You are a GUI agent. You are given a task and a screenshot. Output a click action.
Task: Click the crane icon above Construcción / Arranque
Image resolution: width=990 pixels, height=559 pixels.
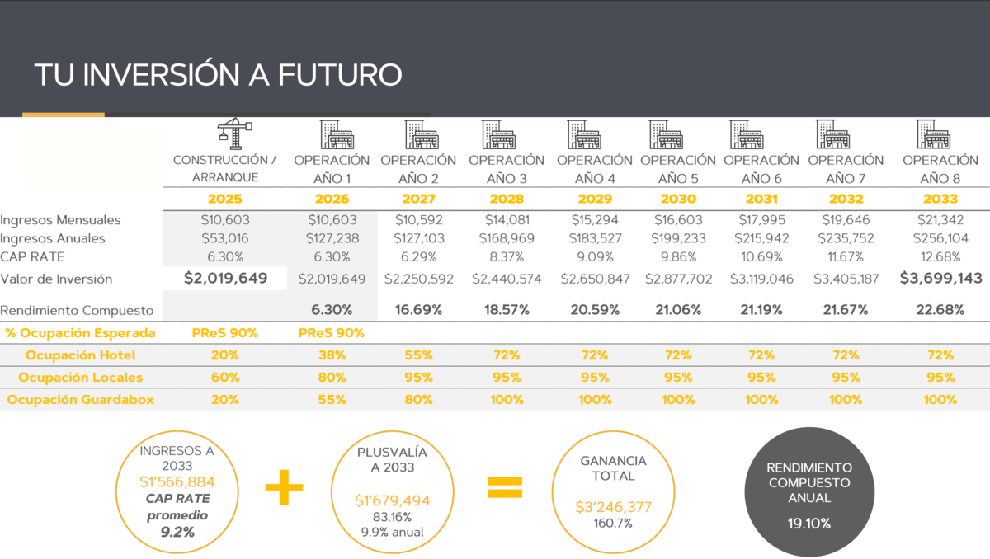pos(235,135)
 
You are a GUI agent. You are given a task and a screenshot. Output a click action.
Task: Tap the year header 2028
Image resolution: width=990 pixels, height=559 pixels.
pos(507,199)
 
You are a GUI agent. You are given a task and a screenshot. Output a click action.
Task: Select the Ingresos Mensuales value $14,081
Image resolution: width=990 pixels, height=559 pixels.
pos(507,220)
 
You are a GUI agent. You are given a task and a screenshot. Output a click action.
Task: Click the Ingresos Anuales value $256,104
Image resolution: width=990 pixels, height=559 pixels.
pos(940,238)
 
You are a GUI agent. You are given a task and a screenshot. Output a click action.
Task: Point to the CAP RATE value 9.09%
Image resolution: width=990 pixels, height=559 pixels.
pos(594,256)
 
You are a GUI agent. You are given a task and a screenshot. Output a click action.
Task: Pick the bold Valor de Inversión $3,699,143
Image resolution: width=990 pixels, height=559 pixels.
pos(940,279)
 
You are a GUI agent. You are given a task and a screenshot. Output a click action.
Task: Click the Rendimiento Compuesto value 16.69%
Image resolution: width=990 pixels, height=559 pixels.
pos(418,310)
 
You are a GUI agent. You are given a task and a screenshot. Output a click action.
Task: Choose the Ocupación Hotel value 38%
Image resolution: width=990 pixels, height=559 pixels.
pos(332,355)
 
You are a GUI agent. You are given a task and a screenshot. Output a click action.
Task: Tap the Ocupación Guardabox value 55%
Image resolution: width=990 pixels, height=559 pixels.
pos(332,399)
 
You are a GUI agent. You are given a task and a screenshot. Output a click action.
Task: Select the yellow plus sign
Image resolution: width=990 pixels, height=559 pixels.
pos(284,487)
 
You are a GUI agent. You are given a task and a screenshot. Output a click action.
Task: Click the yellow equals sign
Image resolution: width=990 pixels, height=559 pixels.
pos(505,487)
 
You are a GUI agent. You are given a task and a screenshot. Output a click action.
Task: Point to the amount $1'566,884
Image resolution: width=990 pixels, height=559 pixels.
pos(176,481)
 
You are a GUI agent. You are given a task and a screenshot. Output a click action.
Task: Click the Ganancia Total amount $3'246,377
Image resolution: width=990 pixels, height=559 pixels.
pos(613,507)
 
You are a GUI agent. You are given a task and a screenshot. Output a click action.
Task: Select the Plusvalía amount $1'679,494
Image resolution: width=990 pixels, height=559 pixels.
pos(392,500)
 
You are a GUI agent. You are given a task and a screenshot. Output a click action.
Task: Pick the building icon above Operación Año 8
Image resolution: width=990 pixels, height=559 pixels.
pos(933,134)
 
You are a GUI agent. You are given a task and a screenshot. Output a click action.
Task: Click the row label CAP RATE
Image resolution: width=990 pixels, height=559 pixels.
pos(32,256)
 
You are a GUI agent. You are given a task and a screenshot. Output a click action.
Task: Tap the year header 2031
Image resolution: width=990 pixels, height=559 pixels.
pos(761,199)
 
